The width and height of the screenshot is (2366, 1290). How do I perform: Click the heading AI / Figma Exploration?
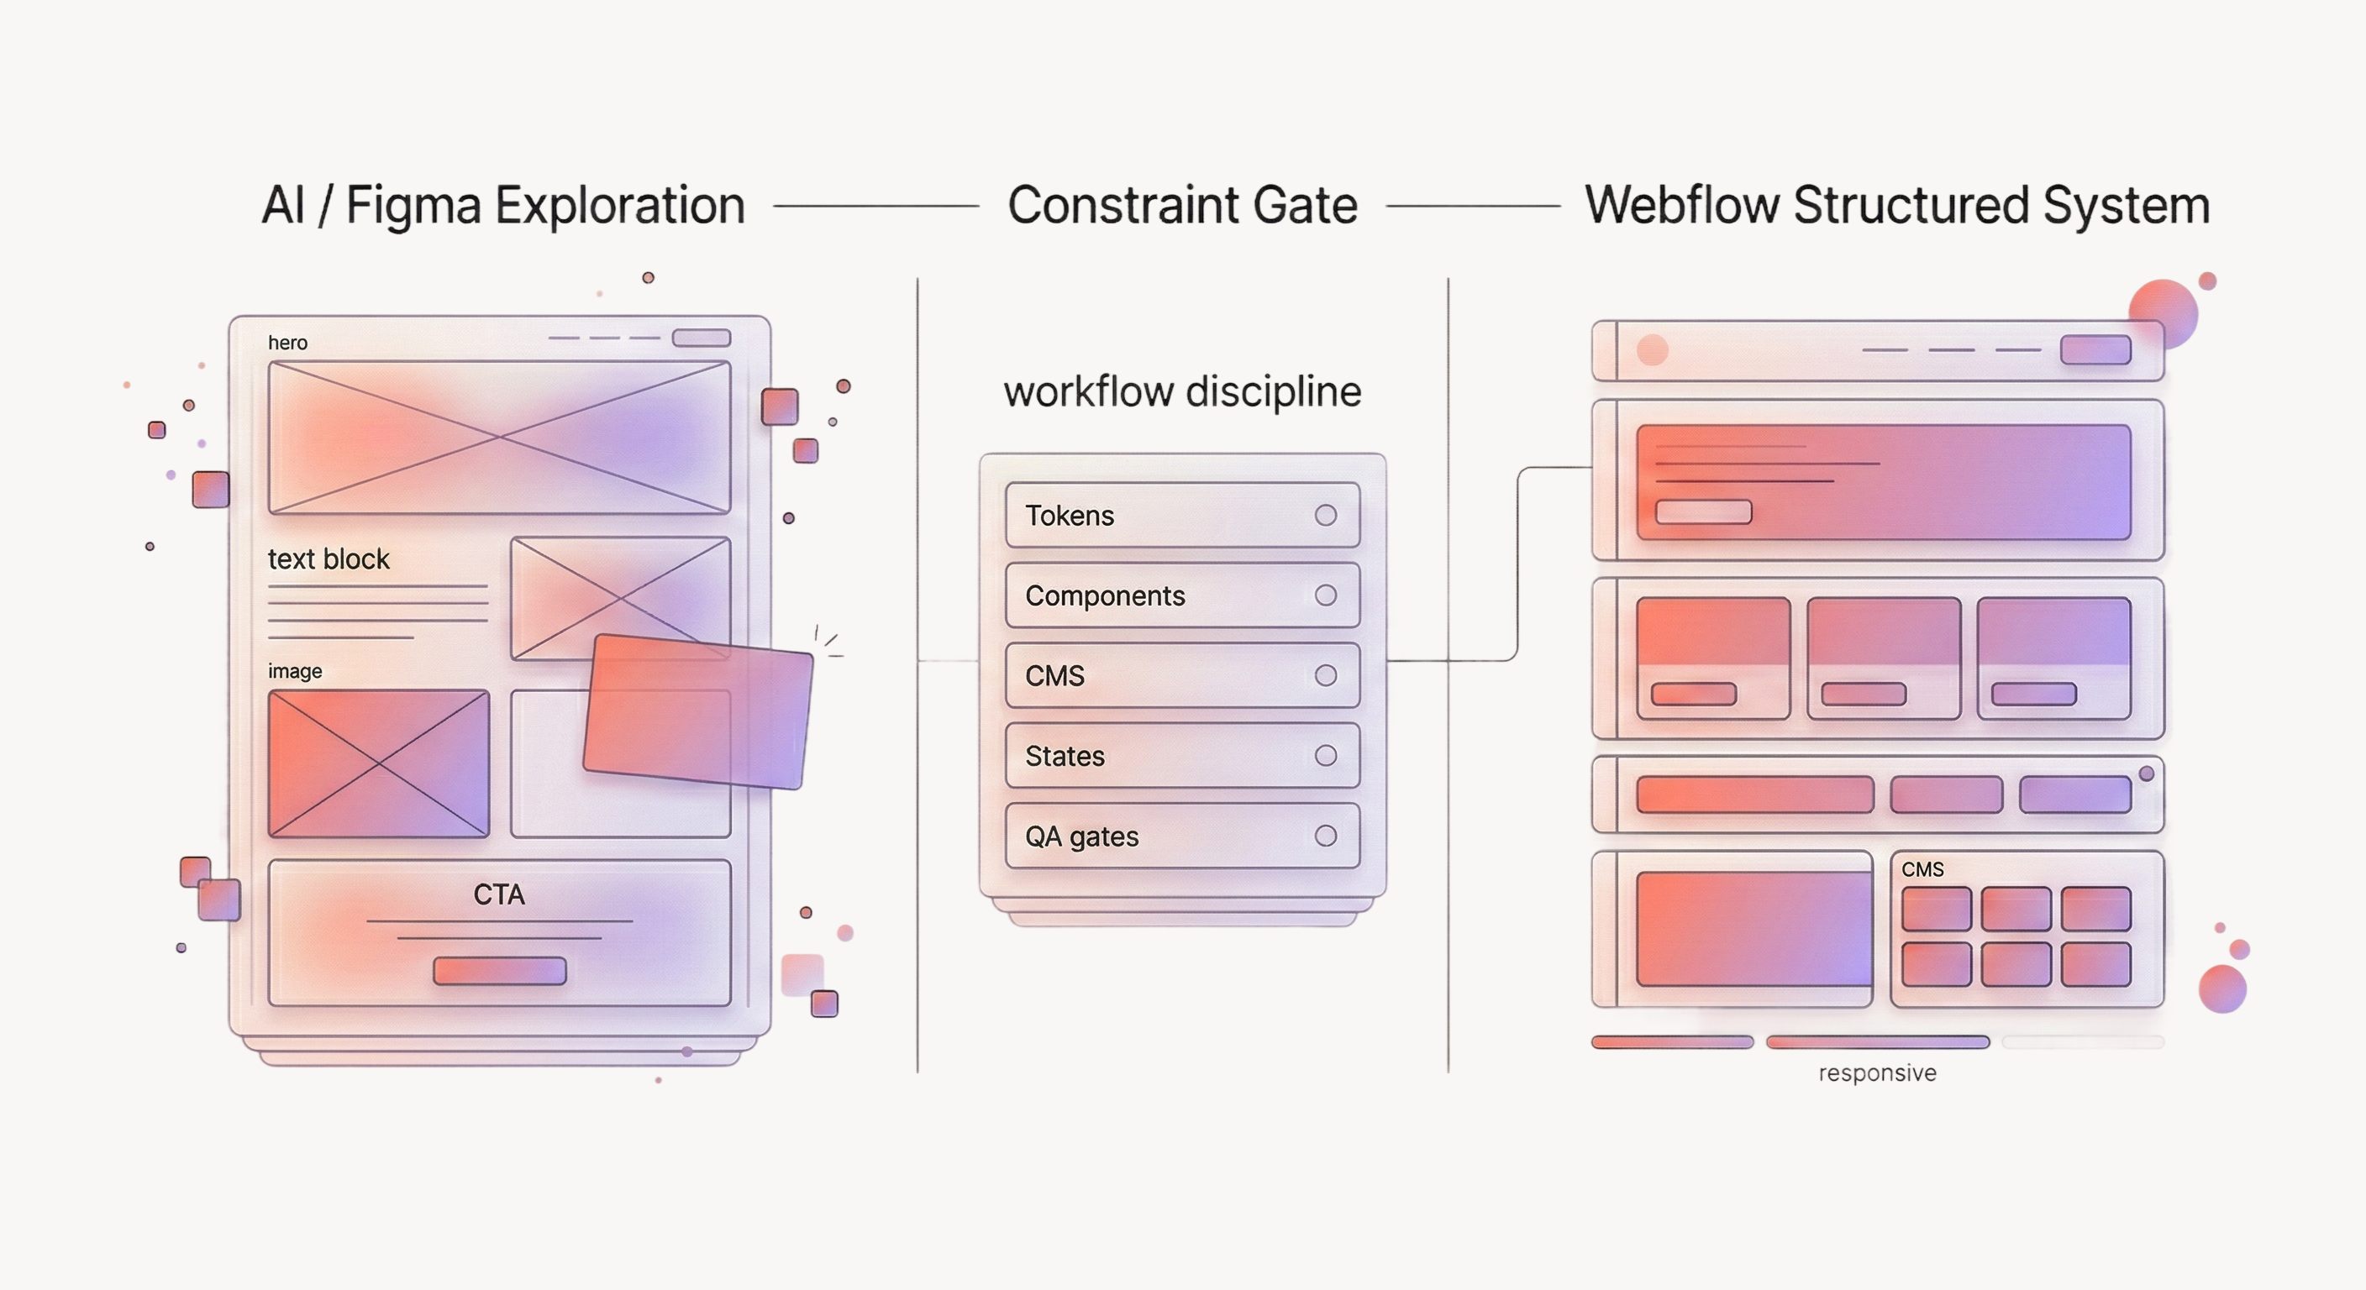click(x=503, y=206)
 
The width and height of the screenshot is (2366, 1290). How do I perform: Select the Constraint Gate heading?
click(x=1182, y=206)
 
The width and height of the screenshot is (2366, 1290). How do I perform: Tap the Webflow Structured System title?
click(x=1896, y=206)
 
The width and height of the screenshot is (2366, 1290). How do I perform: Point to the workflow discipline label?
click(x=1182, y=392)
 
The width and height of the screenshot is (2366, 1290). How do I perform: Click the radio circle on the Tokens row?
click(x=1325, y=515)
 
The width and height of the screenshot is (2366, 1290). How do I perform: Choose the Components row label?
click(x=1105, y=596)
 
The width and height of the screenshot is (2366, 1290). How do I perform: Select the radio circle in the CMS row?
click(x=1325, y=676)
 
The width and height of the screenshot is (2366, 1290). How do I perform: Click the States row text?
click(x=1065, y=757)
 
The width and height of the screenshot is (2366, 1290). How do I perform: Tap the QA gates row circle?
click(x=1325, y=836)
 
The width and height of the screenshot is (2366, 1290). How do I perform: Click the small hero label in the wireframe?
click(x=287, y=343)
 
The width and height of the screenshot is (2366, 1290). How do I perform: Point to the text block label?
click(x=328, y=559)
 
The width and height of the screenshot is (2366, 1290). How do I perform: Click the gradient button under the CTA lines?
click(x=500, y=971)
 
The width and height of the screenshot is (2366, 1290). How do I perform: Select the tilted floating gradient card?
click(x=698, y=711)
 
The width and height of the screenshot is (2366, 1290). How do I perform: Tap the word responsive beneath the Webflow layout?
click(x=1877, y=1072)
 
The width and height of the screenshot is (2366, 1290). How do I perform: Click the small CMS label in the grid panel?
click(x=1922, y=868)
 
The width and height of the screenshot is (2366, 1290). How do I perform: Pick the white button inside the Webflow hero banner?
click(x=1703, y=511)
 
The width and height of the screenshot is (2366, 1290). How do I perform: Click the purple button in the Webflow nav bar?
click(x=2095, y=350)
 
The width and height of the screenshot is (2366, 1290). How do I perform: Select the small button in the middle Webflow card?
click(x=1863, y=694)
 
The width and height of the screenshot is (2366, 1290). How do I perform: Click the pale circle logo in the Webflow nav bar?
click(x=1653, y=350)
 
